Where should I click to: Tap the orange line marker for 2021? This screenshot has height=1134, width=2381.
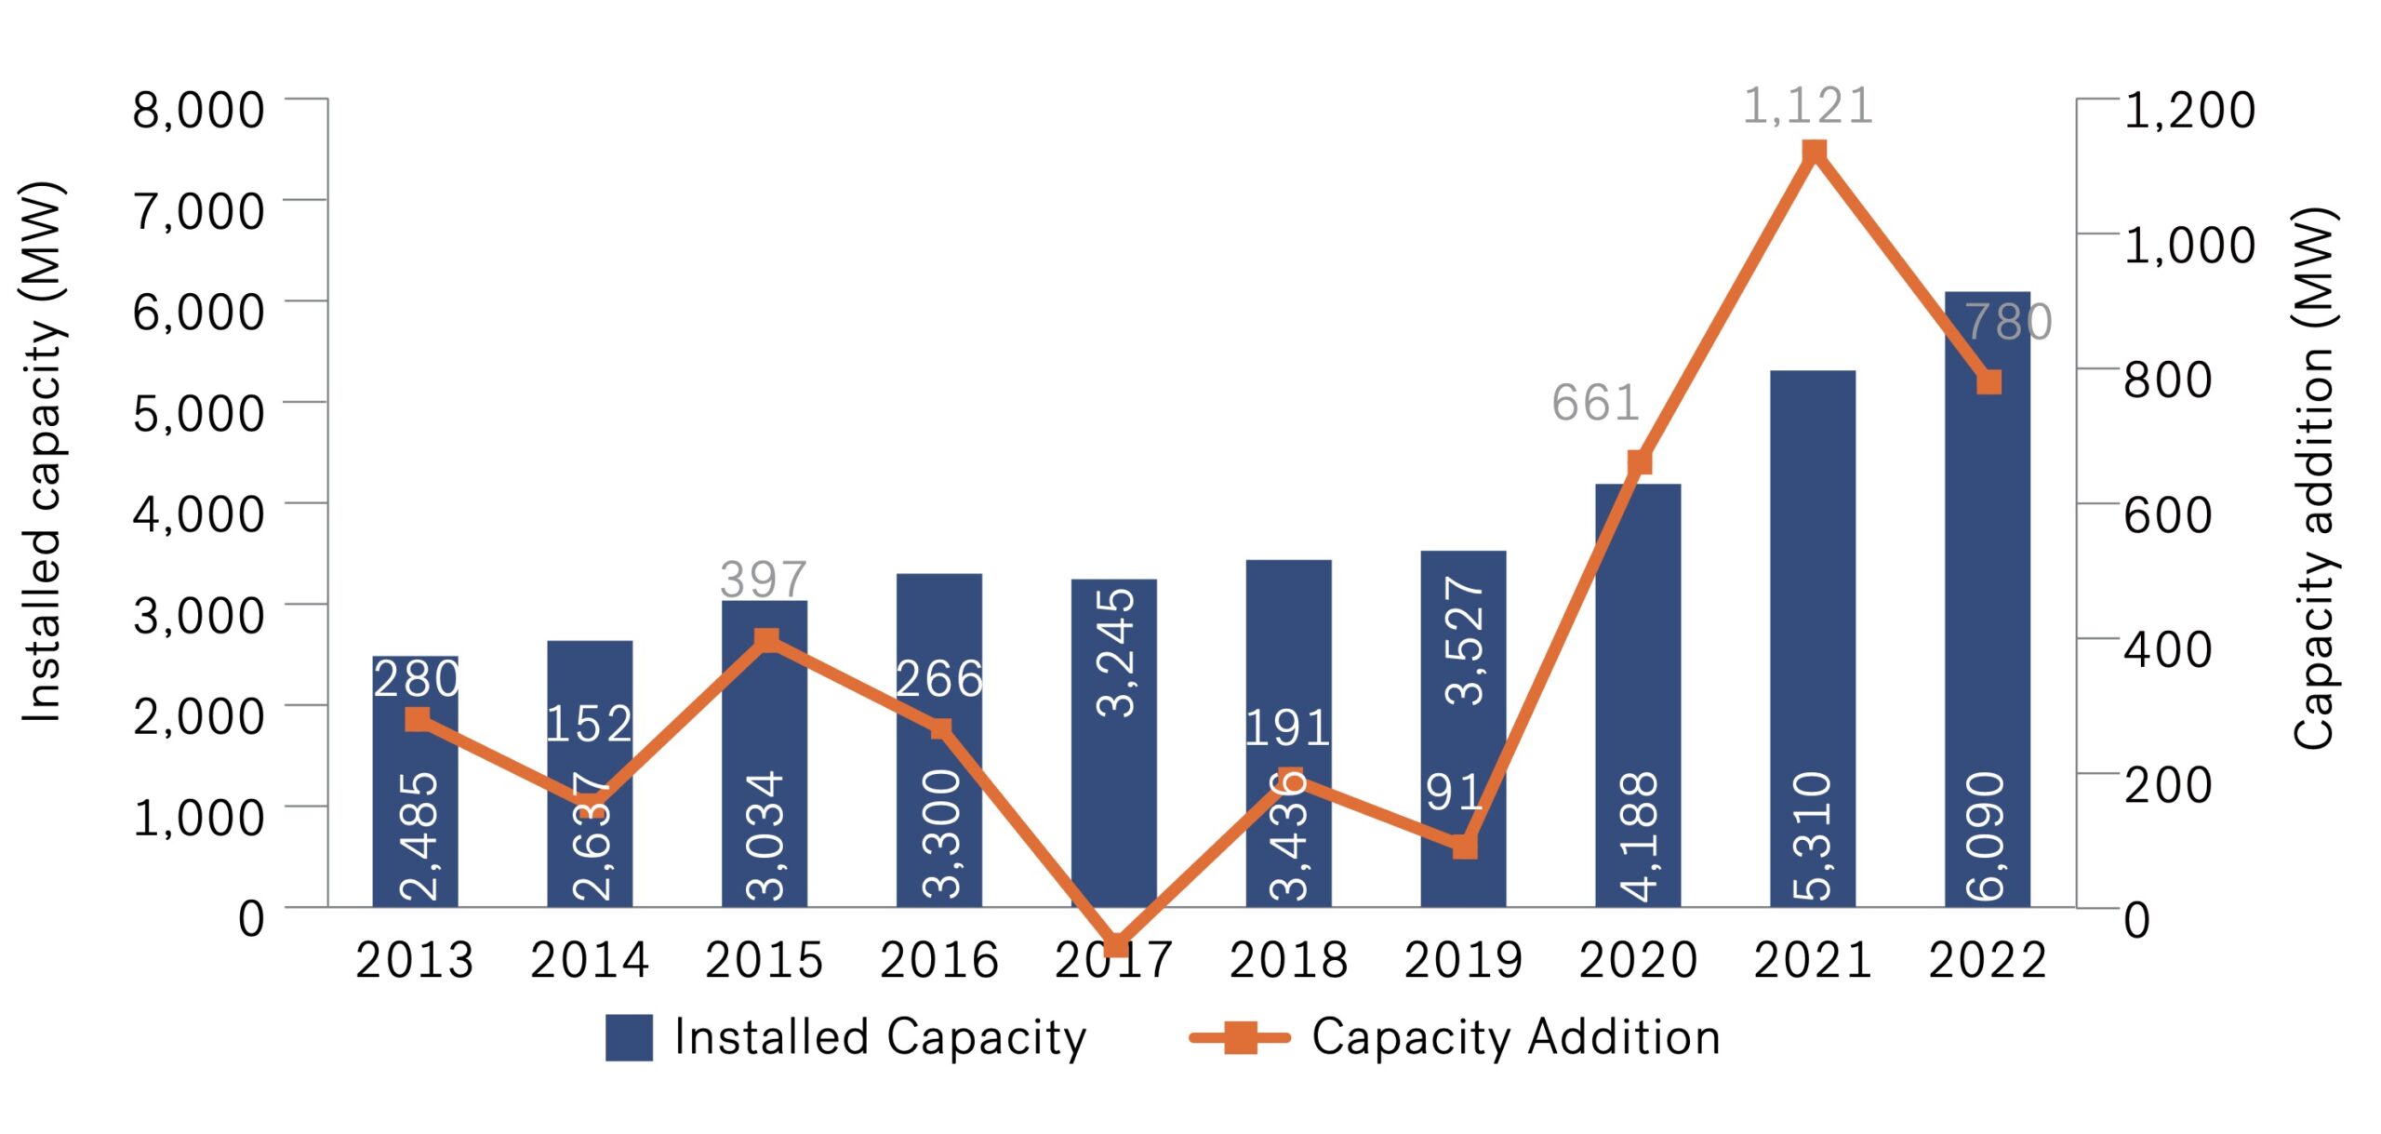click(x=1814, y=152)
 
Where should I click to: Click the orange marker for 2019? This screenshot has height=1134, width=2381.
click(x=1465, y=846)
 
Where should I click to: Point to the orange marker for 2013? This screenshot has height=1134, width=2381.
click(x=418, y=719)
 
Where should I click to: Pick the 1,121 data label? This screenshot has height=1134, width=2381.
click(x=1807, y=106)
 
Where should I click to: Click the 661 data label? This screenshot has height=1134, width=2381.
click(x=1594, y=404)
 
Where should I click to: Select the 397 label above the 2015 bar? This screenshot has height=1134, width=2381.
click(x=763, y=580)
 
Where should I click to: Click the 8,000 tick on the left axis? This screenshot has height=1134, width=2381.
click(x=198, y=110)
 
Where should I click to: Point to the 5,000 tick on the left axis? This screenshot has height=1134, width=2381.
click(x=198, y=413)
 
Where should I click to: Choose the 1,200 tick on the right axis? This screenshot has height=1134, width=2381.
click(x=2189, y=110)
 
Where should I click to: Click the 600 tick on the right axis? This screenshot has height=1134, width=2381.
click(x=2167, y=514)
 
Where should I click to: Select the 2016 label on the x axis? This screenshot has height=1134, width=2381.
click(x=938, y=960)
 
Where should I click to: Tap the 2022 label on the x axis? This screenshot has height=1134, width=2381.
click(x=1988, y=960)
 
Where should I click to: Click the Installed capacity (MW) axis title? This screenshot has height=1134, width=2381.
click(x=42, y=451)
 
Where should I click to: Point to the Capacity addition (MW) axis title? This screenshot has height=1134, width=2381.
click(x=2314, y=476)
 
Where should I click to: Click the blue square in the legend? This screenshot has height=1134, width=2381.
click(x=629, y=1036)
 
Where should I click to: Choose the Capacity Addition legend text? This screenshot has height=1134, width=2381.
click(x=1515, y=1036)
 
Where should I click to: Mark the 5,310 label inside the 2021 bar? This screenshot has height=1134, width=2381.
click(x=1814, y=835)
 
